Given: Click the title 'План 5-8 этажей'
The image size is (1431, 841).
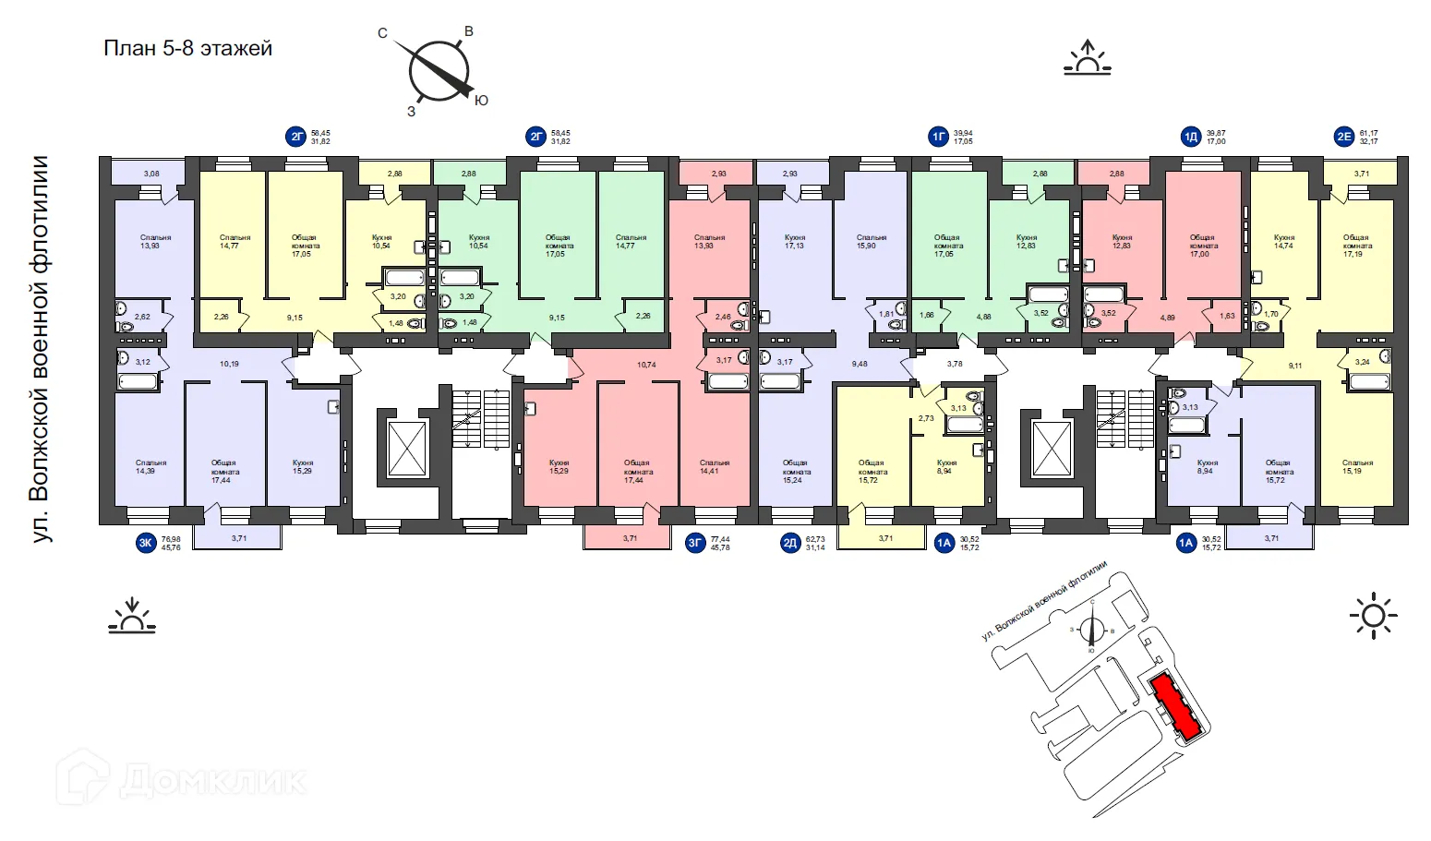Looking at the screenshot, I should click(x=187, y=48).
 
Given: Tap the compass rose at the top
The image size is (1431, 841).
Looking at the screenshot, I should click(x=439, y=71).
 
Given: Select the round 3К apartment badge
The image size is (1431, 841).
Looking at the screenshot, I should click(x=146, y=543).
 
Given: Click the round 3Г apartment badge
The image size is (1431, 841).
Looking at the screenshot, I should click(x=695, y=543).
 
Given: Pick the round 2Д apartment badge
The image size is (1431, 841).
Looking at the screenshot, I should click(x=790, y=543).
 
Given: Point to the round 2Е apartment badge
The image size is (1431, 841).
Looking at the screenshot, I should click(x=1344, y=138).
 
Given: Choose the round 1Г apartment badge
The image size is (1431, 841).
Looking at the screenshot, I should click(x=939, y=138).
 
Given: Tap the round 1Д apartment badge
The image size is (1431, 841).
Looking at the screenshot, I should click(x=1191, y=138).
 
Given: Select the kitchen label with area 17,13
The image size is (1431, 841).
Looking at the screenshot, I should click(x=794, y=242).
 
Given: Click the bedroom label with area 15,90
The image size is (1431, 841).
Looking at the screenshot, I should click(x=871, y=242).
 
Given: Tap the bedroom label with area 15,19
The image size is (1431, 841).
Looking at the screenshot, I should click(x=1357, y=466).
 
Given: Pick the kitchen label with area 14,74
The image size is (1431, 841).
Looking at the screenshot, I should click(x=1283, y=242).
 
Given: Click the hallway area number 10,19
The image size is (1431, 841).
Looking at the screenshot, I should click(x=229, y=364).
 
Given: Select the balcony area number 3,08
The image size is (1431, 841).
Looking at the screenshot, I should click(x=151, y=174).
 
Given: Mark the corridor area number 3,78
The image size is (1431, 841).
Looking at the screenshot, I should click(x=955, y=364).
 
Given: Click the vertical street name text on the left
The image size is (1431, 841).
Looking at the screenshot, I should click(x=41, y=349).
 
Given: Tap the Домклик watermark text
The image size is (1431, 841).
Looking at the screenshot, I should click(x=211, y=781).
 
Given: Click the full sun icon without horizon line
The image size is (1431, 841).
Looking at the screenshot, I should click(x=1373, y=615).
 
